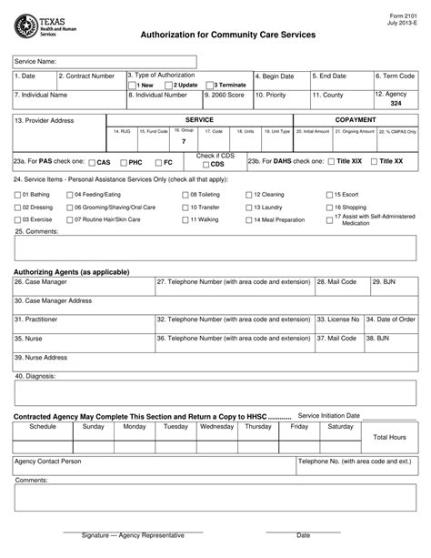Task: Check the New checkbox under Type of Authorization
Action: [132, 86]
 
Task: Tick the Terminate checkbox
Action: [211, 86]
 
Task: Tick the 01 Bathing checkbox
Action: [17, 195]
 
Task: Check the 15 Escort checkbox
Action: [329, 195]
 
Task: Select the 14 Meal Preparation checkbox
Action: [248, 220]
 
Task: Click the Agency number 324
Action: [396, 104]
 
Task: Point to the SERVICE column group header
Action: [199, 119]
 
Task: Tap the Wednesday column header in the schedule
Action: [216, 426]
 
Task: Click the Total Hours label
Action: [389, 437]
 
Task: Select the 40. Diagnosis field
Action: [215, 391]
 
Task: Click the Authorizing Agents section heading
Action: [72, 272]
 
